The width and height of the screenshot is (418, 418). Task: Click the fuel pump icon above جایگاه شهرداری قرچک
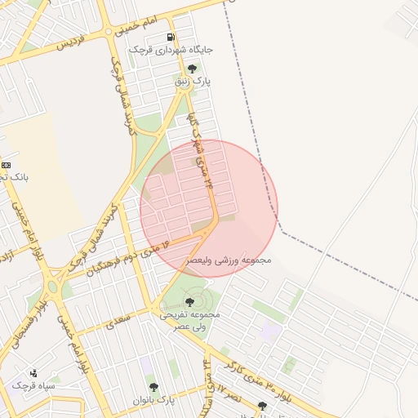coord(170,37)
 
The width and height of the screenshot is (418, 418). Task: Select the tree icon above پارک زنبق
coord(192,69)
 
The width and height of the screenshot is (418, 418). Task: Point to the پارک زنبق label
coord(193,82)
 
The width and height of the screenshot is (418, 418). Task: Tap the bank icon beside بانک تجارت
coord(6,165)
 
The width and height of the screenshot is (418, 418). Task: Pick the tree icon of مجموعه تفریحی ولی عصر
coord(190,302)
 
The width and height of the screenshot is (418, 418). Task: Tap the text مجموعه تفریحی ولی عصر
coord(190,320)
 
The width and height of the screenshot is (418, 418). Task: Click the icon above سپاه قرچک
coord(33,372)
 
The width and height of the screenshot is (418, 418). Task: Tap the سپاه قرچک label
coord(33,385)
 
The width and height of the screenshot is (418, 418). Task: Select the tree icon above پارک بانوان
coord(153,387)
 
